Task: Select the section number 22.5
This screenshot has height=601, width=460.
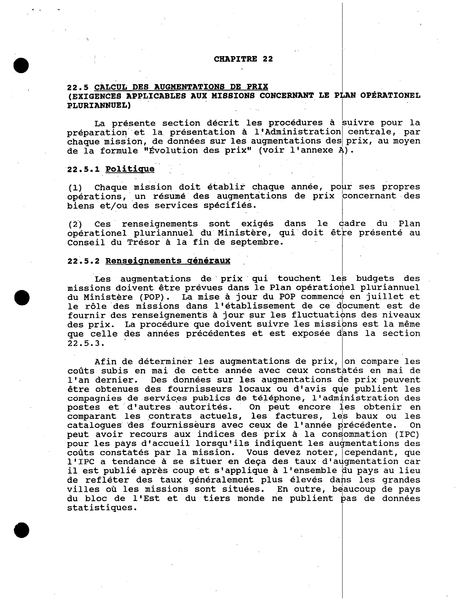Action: coord(78,87)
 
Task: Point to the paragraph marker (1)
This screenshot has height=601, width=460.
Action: coord(75,188)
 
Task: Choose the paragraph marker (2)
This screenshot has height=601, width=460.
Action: coord(75,224)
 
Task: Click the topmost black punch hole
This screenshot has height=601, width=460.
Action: coord(21,66)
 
